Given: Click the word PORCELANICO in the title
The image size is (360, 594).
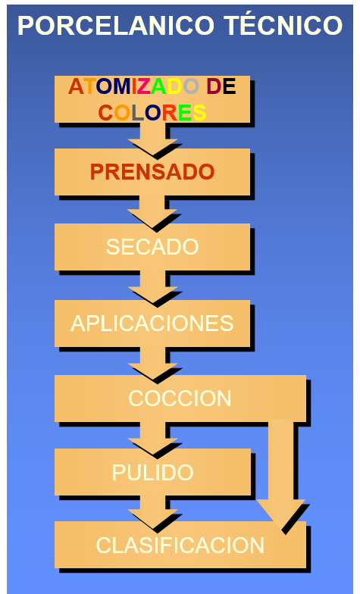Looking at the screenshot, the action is [x=117, y=26].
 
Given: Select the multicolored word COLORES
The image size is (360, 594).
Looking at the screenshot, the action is [x=152, y=112].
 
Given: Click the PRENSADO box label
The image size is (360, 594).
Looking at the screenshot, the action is [x=152, y=171].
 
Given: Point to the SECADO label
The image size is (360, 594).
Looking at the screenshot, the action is [x=152, y=247].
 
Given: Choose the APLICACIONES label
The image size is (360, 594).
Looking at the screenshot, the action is [x=152, y=323].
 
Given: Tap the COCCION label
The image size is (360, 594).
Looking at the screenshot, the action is [x=180, y=399].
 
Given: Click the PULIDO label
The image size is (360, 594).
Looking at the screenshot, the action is [x=152, y=473].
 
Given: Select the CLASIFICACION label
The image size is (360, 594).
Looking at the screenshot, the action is [x=180, y=546].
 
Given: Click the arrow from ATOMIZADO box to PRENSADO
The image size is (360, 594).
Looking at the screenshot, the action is [x=153, y=138].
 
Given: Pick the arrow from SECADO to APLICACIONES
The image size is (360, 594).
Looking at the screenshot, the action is [x=153, y=287].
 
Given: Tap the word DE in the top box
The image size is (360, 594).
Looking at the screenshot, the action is [x=221, y=86].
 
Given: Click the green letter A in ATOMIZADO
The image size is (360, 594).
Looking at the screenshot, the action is [x=159, y=86].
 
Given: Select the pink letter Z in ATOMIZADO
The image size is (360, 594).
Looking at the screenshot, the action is [x=144, y=86].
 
